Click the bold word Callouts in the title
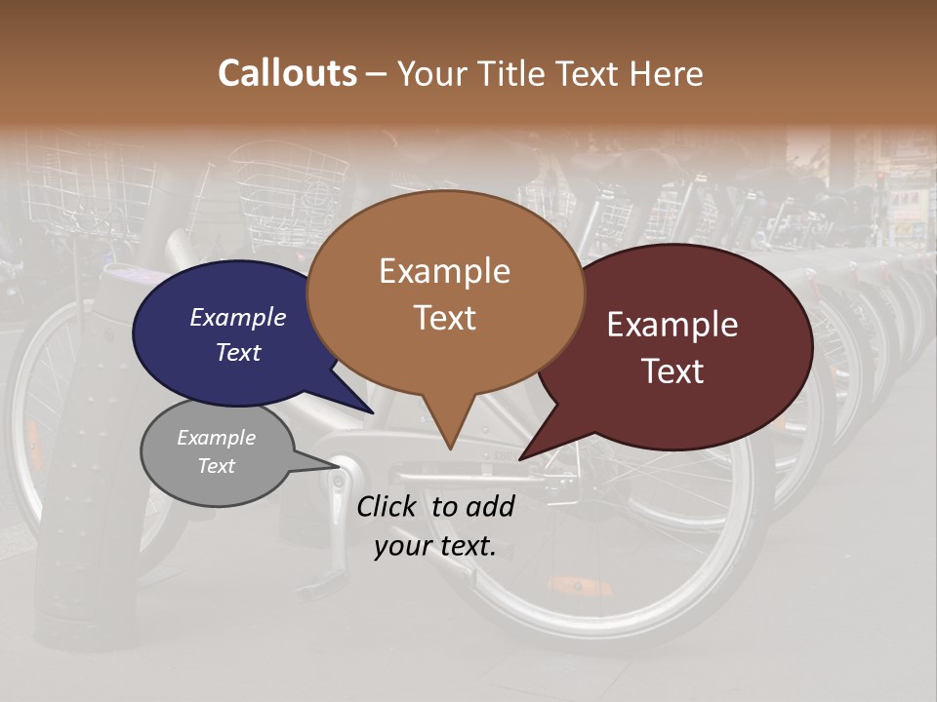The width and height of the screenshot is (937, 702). pos(287,73)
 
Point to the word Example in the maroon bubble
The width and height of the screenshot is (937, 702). pos(672,325)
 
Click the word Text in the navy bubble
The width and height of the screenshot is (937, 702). pos(238,352)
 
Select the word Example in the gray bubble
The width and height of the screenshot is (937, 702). pos(216,438)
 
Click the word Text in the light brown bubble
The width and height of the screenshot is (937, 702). pos(445,318)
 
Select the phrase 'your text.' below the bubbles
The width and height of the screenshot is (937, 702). pos(435,546)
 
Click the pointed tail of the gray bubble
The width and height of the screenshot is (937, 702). pos(338,467)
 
